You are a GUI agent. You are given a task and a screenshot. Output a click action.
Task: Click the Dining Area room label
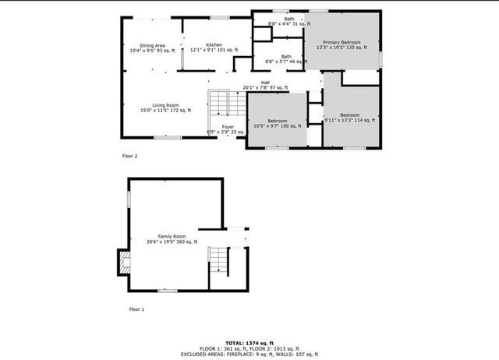click(152, 46)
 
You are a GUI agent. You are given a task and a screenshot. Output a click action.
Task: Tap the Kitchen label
click(214, 45)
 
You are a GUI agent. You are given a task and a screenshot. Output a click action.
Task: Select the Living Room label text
click(165, 105)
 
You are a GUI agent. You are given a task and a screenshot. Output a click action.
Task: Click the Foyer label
click(228, 126)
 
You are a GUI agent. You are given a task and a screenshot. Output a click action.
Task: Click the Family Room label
click(172, 236)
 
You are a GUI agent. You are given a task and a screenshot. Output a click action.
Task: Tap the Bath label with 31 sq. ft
click(289, 19)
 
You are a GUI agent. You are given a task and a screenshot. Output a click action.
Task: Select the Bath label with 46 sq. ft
click(286, 56)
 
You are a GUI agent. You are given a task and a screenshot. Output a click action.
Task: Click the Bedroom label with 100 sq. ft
click(278, 121)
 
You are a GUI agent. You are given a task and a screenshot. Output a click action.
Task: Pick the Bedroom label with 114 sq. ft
click(349, 115)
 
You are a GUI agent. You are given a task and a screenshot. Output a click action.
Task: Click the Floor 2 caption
click(129, 156)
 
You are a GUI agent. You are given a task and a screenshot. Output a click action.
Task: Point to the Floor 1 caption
click(136, 309)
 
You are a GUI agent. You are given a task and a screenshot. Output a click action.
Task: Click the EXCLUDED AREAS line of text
click(249, 354)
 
